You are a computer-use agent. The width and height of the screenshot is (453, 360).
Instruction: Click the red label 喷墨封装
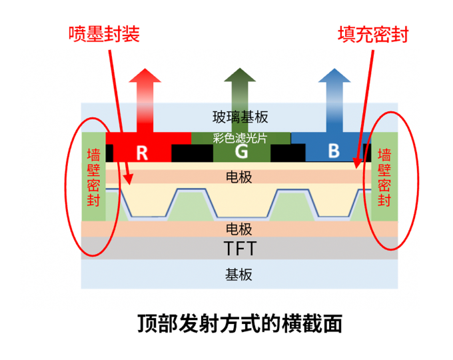(103, 34)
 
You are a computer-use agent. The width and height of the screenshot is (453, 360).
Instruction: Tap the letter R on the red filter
(141, 152)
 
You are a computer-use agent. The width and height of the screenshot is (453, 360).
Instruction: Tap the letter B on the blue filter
(334, 151)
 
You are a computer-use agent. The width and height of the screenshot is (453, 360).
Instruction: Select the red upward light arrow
(145, 97)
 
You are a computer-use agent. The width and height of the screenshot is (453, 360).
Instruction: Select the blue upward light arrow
(333, 97)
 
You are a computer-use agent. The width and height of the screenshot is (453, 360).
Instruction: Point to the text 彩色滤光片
(240, 138)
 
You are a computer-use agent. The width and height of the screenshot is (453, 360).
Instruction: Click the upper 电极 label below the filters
(240, 177)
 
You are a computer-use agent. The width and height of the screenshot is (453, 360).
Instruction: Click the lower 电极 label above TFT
(240, 229)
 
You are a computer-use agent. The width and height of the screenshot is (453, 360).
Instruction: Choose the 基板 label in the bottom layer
(240, 274)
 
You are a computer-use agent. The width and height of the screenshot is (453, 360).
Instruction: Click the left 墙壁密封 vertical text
(94, 177)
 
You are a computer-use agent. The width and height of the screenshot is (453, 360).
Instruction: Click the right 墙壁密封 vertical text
(384, 177)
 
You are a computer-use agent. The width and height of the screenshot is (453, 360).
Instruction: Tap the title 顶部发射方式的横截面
(240, 324)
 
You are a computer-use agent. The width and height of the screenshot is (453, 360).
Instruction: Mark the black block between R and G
(191, 153)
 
